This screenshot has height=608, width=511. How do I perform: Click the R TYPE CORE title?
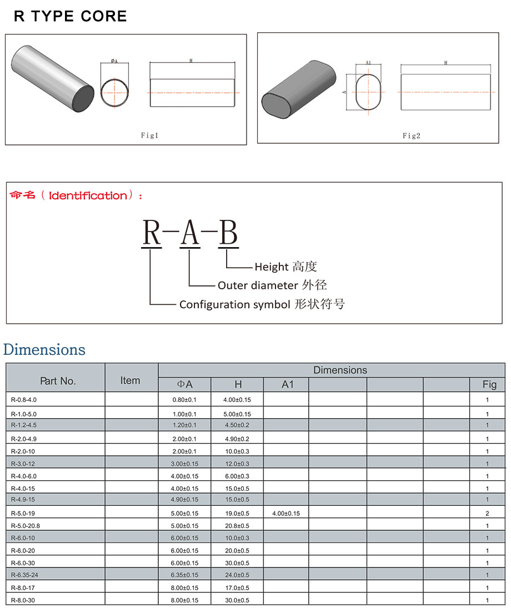[x=71, y=16]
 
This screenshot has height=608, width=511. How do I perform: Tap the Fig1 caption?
[x=149, y=135]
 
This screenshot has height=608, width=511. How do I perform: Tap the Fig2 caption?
[x=411, y=135]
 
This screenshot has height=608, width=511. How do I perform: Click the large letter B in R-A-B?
[x=228, y=233]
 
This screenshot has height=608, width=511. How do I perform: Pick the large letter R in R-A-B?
[x=152, y=233]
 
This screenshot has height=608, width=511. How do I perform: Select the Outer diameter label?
[x=258, y=285]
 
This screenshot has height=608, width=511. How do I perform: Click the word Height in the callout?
[x=272, y=267]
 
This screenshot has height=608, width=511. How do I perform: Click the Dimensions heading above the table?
[x=44, y=350]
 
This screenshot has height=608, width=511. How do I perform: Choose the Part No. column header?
[x=58, y=381]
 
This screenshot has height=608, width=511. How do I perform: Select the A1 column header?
[x=287, y=384]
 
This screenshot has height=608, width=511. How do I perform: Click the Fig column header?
[x=489, y=384]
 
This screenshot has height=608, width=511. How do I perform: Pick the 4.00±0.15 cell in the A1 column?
[x=286, y=514]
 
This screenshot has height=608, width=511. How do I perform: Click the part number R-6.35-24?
[x=25, y=575]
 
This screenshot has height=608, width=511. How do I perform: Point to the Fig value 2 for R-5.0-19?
[x=487, y=514]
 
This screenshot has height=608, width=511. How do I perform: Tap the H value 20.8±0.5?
[x=237, y=526]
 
